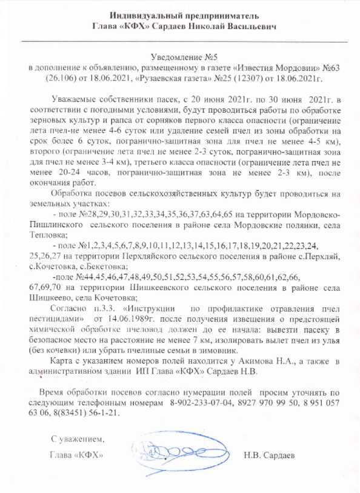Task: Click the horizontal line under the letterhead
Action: pos(180,40)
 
